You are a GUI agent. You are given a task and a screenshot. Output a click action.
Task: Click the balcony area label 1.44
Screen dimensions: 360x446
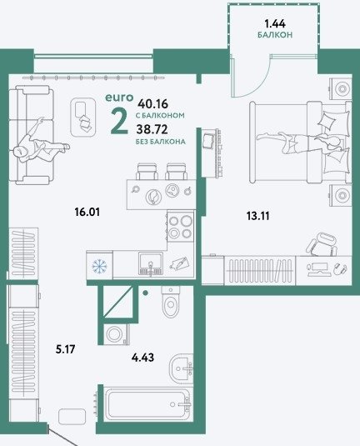(275, 24)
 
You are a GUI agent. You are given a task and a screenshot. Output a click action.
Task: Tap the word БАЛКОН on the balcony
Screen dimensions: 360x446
(275, 35)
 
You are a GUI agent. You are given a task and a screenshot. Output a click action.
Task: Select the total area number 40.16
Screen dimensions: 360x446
(153, 104)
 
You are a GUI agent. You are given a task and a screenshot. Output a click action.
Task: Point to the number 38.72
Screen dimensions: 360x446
(152, 130)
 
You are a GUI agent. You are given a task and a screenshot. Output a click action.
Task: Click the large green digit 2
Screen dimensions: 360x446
(119, 122)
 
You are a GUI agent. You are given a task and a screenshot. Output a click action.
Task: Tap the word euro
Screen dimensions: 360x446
(119, 98)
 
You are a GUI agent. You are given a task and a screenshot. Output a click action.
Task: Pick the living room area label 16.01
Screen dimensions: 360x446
(87, 212)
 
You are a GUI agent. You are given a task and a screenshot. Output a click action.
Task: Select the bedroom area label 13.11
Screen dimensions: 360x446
(257, 216)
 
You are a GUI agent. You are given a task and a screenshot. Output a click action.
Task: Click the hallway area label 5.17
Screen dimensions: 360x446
(65, 349)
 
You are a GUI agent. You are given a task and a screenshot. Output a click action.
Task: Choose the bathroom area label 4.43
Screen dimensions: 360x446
(142, 357)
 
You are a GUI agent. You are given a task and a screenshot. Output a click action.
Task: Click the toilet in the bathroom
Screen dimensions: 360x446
(171, 301)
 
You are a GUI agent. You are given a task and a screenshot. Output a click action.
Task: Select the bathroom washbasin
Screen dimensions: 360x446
(181, 369)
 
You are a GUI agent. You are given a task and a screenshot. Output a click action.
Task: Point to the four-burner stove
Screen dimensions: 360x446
(181, 227)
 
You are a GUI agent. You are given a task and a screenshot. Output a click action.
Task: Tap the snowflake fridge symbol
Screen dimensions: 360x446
(99, 266)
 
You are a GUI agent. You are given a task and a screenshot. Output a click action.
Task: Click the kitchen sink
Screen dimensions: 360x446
(151, 264)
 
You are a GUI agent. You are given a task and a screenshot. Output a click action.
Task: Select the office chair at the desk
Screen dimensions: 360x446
(322, 243)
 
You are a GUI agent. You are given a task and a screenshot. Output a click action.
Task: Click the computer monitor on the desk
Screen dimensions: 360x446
(317, 269)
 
